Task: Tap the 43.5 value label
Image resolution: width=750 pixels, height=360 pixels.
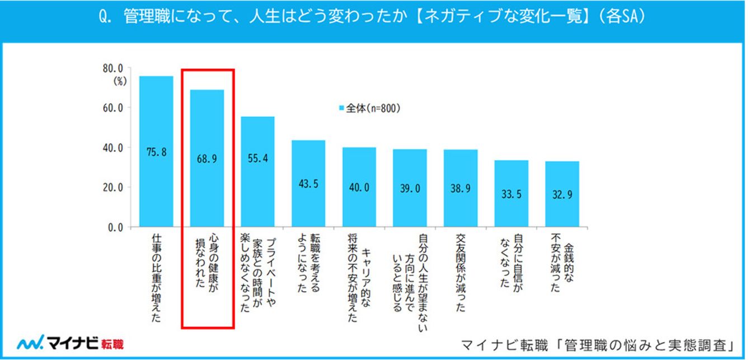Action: point(308,184)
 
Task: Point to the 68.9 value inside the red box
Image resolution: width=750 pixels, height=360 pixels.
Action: point(207,158)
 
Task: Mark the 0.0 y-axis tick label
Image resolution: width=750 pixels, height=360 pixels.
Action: point(115,227)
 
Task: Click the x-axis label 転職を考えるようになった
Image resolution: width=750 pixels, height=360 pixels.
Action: point(308,264)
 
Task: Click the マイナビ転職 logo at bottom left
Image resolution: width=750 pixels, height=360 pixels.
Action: point(71,342)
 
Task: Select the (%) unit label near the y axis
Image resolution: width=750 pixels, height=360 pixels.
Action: point(120,81)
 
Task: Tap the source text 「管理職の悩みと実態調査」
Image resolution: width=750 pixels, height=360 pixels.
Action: point(649,343)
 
